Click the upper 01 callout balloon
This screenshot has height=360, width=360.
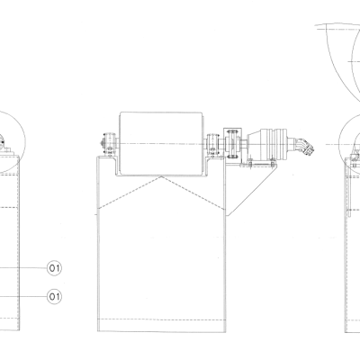pyautogui.click(x=54, y=268)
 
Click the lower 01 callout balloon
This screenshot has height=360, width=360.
pyautogui.click(x=54, y=295)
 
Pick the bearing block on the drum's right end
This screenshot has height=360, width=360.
pyautogui.click(x=214, y=144)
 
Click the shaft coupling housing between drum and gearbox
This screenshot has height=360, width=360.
pyautogui.click(x=236, y=144)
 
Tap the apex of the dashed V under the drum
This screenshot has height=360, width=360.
pyautogui.click(x=161, y=177)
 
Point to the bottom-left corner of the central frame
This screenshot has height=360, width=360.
pyautogui.click(x=97, y=330)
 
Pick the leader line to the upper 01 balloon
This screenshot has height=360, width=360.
pyautogui.click(x=22, y=268)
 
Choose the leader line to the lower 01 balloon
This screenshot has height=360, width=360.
pyautogui.click(x=22, y=295)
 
